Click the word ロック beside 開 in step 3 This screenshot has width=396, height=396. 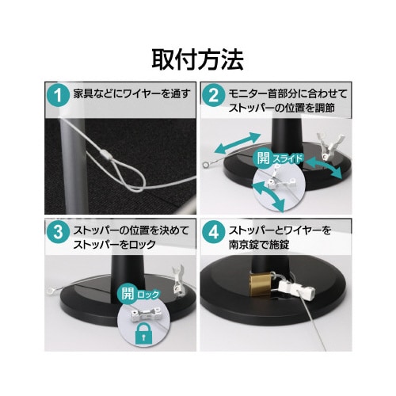click(x=148, y=295)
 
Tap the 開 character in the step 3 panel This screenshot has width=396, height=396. click(x=128, y=295)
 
